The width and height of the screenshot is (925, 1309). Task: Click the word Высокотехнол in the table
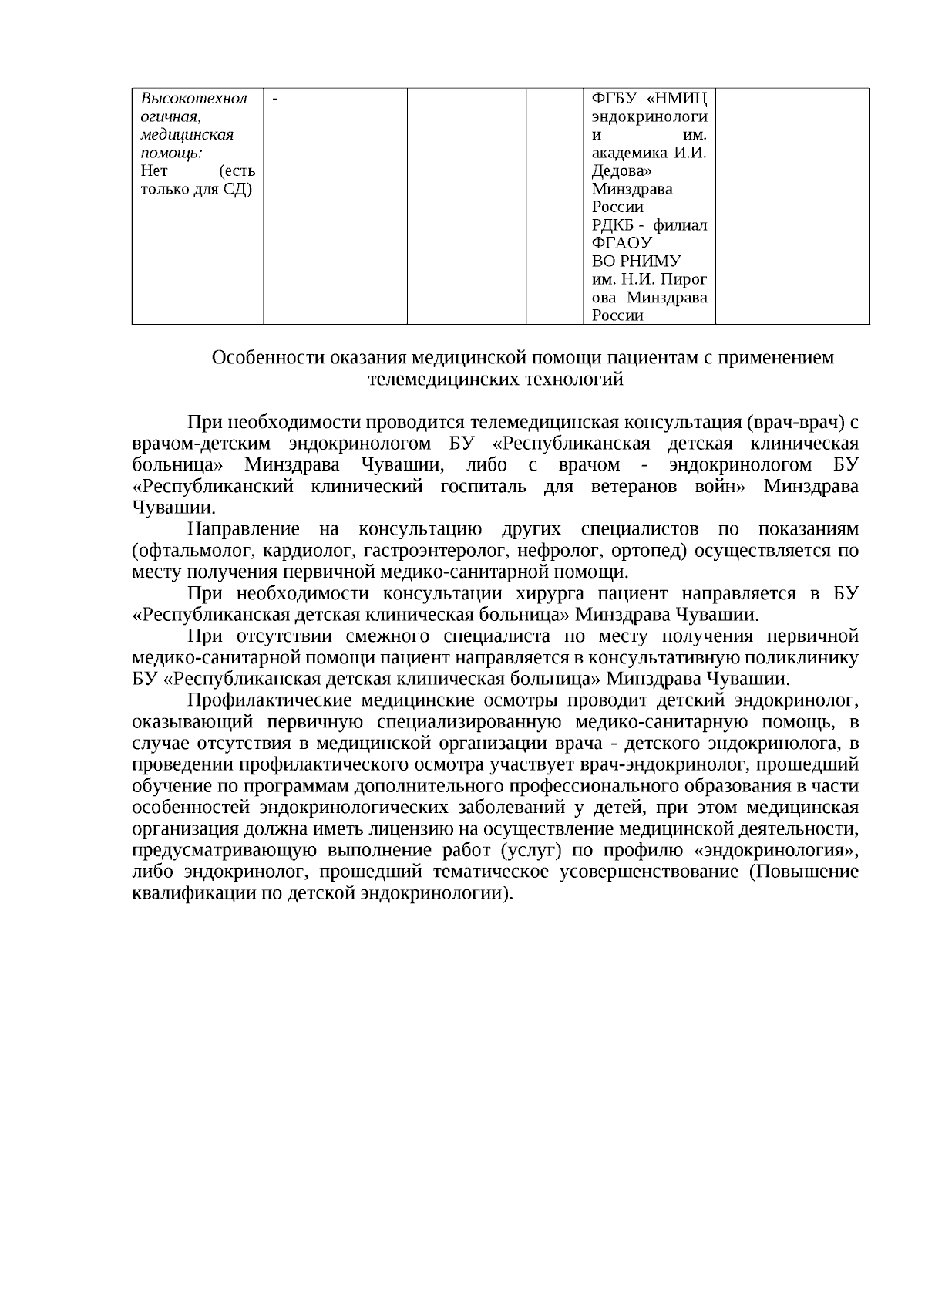coord(193,99)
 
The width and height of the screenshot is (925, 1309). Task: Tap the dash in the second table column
coord(275,98)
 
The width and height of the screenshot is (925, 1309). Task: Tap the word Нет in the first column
coord(154,170)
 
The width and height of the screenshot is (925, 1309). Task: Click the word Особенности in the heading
coord(267,358)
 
